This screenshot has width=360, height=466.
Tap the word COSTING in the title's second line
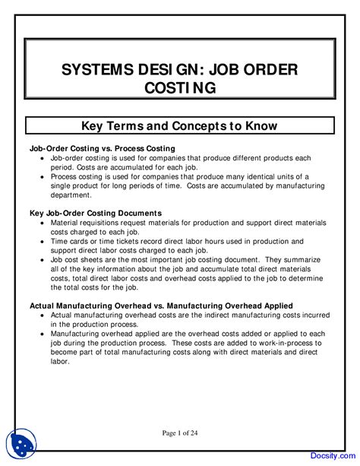point(180,88)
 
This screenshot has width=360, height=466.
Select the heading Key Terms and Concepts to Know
point(180,125)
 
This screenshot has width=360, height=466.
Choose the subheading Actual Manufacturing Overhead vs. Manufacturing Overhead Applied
point(160,305)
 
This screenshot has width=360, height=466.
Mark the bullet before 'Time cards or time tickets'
point(43,240)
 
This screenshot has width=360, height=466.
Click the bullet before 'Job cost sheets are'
point(43,259)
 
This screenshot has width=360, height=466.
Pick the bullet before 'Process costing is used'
point(43,176)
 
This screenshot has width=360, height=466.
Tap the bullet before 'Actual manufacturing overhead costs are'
point(43,315)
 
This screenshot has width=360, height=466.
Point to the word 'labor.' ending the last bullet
point(60,361)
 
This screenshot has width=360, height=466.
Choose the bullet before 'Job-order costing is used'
point(43,157)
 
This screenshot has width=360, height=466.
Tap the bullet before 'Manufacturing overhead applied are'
point(43,333)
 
